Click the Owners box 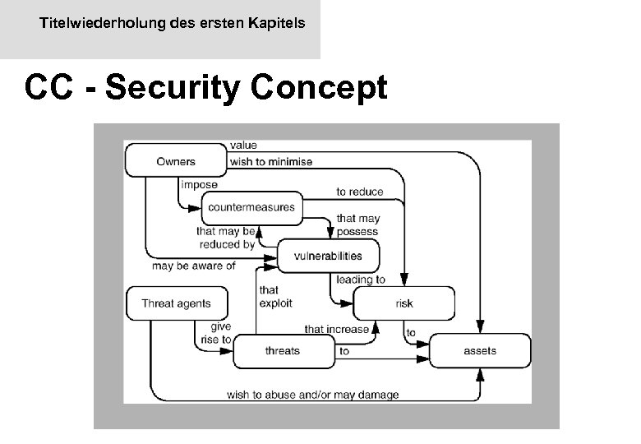click(x=176, y=161)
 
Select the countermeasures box click(x=251, y=207)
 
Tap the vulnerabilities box click(x=327, y=256)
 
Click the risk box click(x=404, y=303)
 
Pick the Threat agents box click(x=176, y=303)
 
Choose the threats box click(x=282, y=351)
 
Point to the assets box click(x=480, y=351)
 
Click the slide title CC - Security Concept click(x=205, y=87)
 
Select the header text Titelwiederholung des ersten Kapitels click(x=172, y=24)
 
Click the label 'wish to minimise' click(x=271, y=162)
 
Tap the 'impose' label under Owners click(x=199, y=185)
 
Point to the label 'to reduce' click(x=359, y=192)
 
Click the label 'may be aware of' click(x=194, y=266)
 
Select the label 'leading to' click(x=361, y=280)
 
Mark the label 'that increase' click(x=337, y=329)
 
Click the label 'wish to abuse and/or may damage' click(x=313, y=395)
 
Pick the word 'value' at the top click(x=243, y=146)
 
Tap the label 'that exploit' click(x=270, y=297)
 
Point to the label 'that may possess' click(x=358, y=225)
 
